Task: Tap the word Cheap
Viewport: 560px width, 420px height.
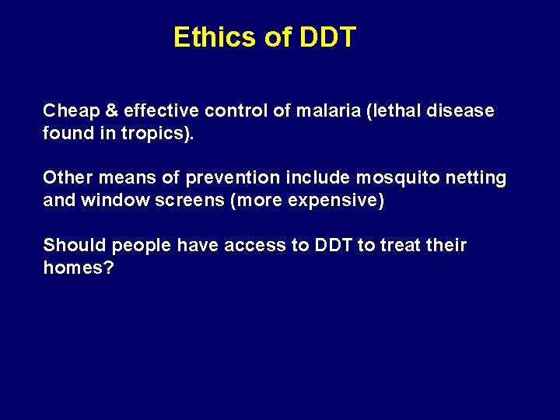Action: pos(67,110)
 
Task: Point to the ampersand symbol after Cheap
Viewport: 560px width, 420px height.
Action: pos(102,110)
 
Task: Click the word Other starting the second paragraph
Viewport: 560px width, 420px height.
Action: pos(66,178)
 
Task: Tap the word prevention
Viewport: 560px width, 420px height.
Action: pos(226,178)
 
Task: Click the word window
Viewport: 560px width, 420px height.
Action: pos(109,200)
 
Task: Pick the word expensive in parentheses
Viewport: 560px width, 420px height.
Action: pos(335,200)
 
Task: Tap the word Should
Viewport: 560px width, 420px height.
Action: pos(74,246)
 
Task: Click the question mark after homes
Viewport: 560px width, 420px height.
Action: pos(110,268)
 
